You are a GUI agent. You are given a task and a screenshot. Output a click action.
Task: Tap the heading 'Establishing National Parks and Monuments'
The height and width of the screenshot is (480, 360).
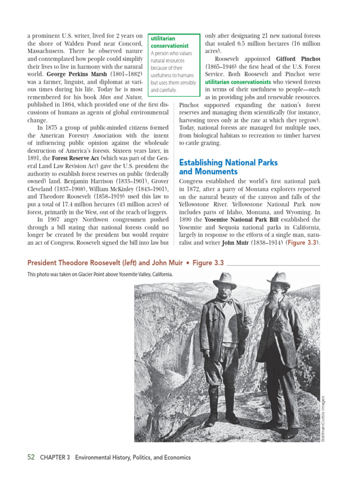pyautogui.click(x=228, y=167)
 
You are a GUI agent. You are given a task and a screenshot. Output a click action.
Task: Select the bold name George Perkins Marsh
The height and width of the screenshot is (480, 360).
pyautogui.click(x=77, y=74)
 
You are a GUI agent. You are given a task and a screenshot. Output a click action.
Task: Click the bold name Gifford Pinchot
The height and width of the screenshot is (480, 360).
pyautogui.click(x=298, y=59)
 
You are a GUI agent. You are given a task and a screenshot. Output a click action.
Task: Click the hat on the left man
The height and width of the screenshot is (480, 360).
pyautogui.click(x=225, y=280)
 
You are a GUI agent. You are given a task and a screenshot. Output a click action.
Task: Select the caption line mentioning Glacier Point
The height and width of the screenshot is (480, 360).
pyautogui.click(x=100, y=275)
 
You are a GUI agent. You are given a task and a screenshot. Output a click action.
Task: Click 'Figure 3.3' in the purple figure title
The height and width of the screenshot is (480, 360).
pyautogui.click(x=199, y=263)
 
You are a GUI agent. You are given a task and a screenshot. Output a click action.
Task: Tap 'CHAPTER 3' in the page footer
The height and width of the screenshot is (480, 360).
pyautogui.click(x=55, y=457)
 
